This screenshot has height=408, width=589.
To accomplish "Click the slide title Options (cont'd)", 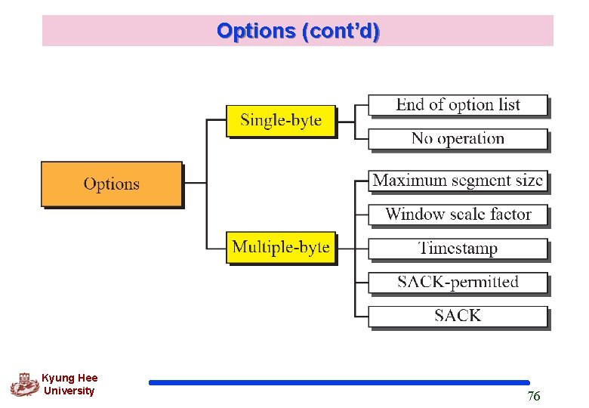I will click(298, 31).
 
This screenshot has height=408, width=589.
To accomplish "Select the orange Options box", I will click(112, 184).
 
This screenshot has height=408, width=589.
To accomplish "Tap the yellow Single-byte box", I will click(280, 120).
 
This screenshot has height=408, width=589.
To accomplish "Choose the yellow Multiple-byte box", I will click(280, 247).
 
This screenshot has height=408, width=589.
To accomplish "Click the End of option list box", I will click(458, 105).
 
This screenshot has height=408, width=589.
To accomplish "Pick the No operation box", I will click(458, 138).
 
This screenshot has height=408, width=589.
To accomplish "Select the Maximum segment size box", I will click(458, 181).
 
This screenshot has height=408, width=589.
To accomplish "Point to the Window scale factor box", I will click(458, 214).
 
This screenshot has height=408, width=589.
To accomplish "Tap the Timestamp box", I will click(458, 248).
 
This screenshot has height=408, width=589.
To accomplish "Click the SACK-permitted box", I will click(458, 282).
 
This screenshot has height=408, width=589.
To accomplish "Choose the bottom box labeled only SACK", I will click(458, 315).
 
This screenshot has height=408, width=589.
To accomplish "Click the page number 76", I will click(533, 397).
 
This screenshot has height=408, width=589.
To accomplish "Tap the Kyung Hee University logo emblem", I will click(24, 385).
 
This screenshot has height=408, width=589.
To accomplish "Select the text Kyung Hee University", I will click(69, 385).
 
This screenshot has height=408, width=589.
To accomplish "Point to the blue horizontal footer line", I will click(339, 382).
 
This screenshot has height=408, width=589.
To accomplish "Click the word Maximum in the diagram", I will click(408, 181).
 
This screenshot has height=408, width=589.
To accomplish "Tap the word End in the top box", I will click(410, 105).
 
